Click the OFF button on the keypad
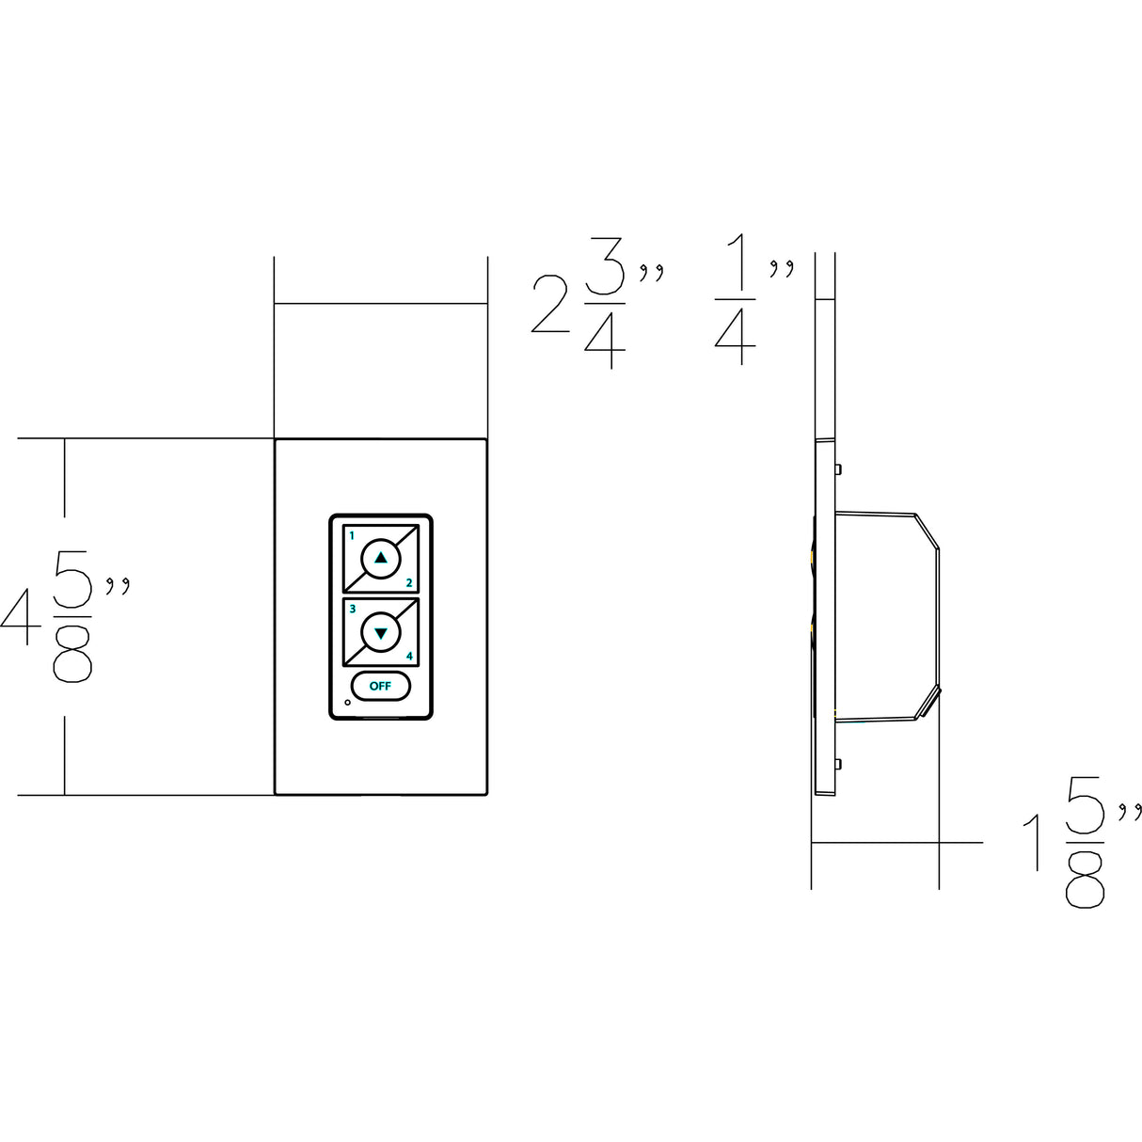click(x=380, y=686)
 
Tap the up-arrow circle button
click(x=380, y=558)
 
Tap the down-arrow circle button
click(x=380, y=633)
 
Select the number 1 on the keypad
click(x=352, y=535)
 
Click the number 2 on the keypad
click(x=409, y=583)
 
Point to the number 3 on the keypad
click(x=352, y=610)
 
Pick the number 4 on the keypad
click(x=409, y=657)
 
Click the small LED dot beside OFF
click(x=348, y=703)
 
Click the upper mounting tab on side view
click(x=838, y=468)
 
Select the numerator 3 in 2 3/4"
click(x=604, y=273)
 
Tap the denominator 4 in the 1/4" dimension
click(x=735, y=339)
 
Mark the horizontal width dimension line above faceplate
click(x=380, y=304)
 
